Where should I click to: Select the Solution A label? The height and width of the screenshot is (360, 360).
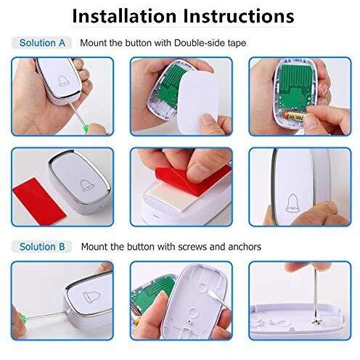click(x=42, y=43)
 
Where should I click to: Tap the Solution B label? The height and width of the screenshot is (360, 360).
click(x=42, y=247)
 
